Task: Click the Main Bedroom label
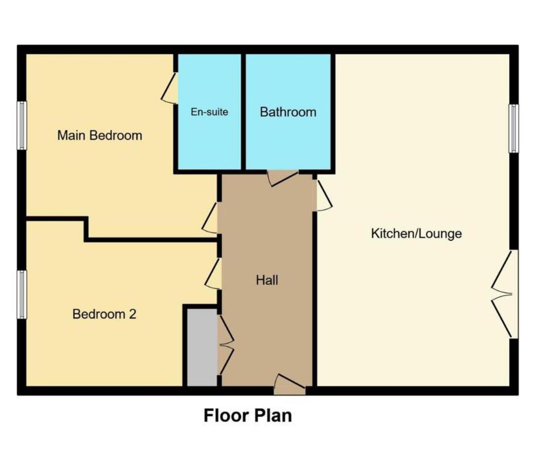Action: pos(100,135)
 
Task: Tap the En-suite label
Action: pos(209,112)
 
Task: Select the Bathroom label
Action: pos(288,112)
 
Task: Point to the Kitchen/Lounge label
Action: pos(416,233)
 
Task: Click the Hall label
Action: pos(267,280)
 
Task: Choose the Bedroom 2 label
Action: pos(104,314)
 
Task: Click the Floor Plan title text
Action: pos(247,416)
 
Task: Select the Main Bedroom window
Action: pos(22,125)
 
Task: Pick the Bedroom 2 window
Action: pos(22,295)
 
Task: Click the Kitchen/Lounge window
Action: pos(513,128)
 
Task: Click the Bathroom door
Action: pos(283,177)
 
